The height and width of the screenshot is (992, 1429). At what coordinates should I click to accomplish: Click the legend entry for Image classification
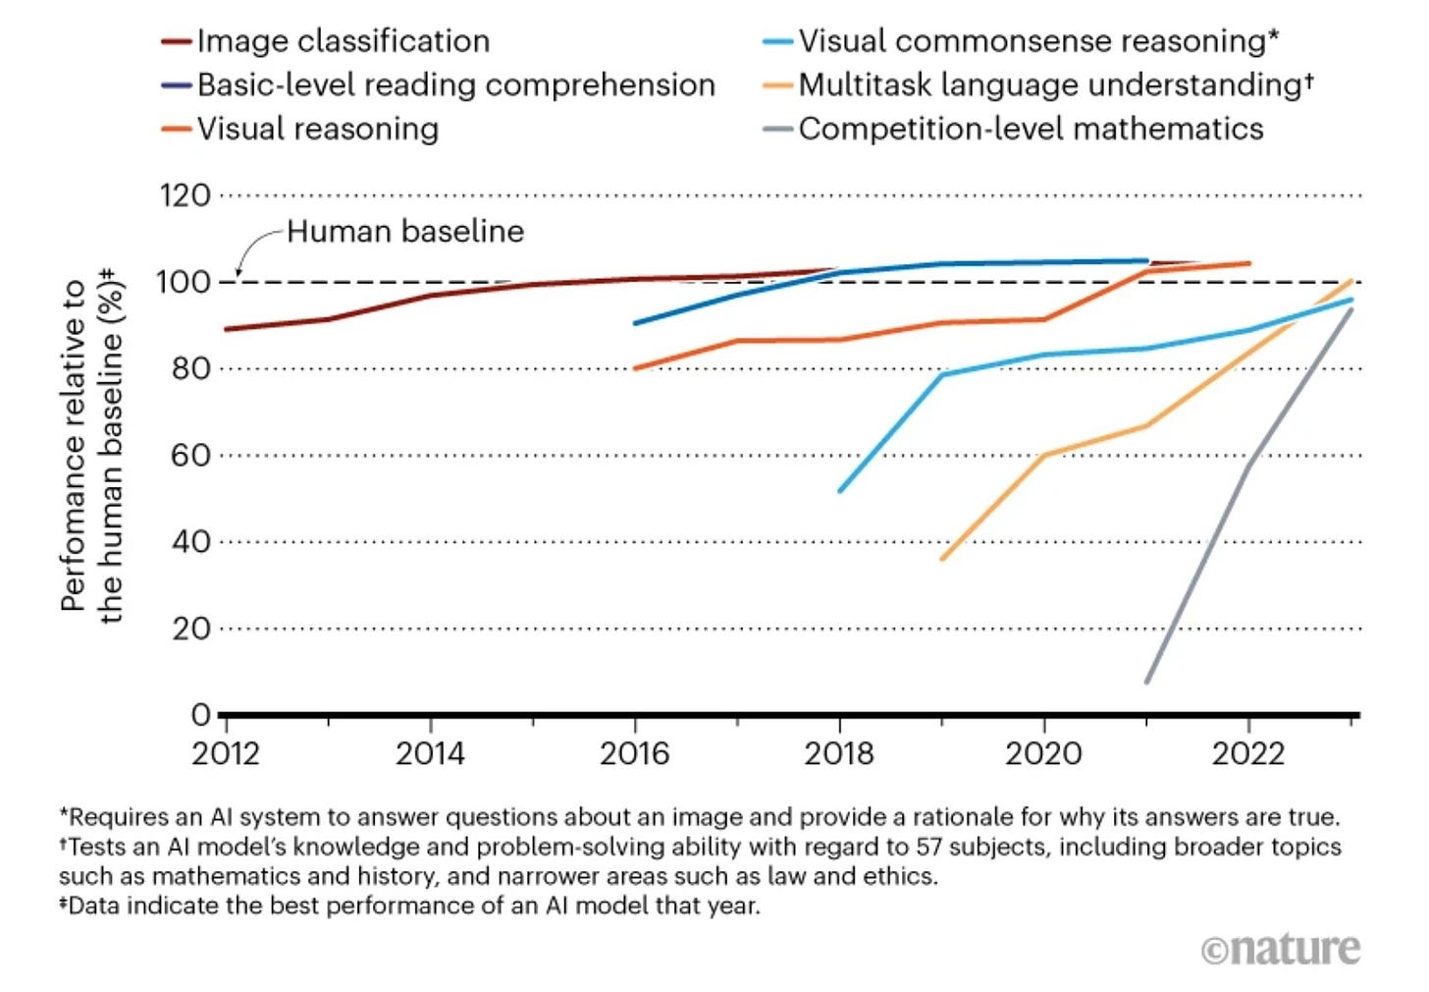[343, 41]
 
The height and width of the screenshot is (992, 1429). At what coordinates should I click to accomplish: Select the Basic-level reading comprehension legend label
[455, 85]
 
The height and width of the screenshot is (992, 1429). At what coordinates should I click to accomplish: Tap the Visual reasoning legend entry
[317, 129]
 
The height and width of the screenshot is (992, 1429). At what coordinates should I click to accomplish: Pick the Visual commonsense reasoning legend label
[1037, 41]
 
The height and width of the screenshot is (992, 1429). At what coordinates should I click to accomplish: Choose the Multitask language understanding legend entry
[1054, 85]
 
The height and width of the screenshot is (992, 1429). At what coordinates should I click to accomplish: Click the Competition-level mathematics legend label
[1031, 129]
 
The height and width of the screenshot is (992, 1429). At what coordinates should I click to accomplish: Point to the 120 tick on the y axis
[185, 195]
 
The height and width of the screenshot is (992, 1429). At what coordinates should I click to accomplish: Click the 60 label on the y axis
[191, 456]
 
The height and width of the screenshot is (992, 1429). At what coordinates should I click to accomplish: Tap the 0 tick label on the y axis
[200, 715]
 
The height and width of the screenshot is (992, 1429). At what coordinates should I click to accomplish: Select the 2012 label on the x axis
[226, 754]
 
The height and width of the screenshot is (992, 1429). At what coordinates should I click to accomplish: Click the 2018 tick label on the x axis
[839, 754]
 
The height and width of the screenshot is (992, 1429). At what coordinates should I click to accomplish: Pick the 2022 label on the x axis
[1247, 754]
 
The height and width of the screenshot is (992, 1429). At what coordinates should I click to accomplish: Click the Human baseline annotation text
[405, 232]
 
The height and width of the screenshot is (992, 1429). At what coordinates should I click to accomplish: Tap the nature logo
[1281, 949]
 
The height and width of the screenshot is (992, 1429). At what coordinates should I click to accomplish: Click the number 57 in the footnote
[930, 847]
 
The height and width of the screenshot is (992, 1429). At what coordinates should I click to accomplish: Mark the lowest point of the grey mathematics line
[1146, 682]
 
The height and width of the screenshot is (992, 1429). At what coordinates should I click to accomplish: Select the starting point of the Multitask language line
[942, 559]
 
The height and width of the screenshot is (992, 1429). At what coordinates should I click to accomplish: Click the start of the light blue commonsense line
[840, 490]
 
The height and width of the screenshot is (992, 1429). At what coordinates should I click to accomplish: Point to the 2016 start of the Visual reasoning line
[636, 368]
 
